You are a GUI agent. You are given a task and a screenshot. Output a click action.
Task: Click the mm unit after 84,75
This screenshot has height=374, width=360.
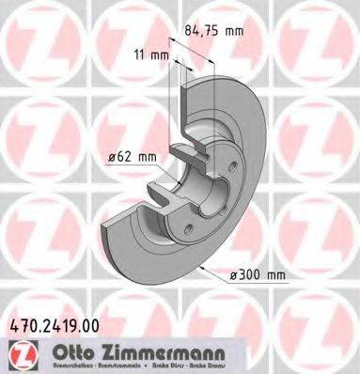pos(234,31)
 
